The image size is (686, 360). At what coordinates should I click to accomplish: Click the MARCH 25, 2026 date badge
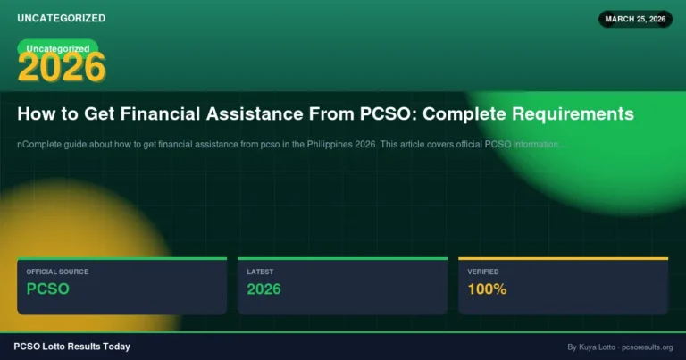(x=634, y=19)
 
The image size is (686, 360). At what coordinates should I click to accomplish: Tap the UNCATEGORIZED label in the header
(x=61, y=18)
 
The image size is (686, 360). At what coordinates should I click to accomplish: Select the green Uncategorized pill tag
(x=58, y=48)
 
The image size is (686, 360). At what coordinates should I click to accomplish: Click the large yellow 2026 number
(x=62, y=67)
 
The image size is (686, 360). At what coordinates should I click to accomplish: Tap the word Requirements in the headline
(x=575, y=114)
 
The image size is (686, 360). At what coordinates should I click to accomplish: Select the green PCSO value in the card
(x=47, y=289)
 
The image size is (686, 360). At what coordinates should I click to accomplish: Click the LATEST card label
(x=261, y=272)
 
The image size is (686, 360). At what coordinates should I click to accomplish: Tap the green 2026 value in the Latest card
(x=264, y=289)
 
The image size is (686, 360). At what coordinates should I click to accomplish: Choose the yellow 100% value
(x=487, y=289)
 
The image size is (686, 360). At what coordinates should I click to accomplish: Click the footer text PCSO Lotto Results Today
(x=72, y=347)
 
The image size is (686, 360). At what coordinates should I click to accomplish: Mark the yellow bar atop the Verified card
(x=563, y=258)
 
